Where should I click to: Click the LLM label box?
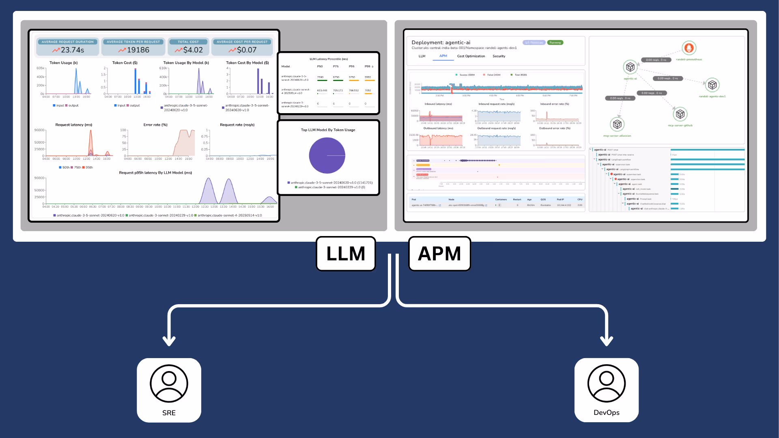[x=346, y=254]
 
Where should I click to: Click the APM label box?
[x=439, y=254]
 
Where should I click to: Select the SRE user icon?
[x=169, y=384]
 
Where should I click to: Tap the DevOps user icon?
[x=606, y=384]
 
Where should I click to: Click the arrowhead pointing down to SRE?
[x=169, y=341]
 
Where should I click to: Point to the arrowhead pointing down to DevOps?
[x=606, y=341]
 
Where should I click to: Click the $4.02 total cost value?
[x=193, y=50]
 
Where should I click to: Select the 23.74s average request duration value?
[x=72, y=50]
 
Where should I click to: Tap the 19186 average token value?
[x=138, y=50]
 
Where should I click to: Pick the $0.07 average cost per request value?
[x=247, y=50]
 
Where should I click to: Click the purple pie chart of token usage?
[x=327, y=155]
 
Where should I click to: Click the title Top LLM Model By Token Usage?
[x=328, y=130]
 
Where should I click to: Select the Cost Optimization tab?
[x=471, y=56]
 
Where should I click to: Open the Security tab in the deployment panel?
[x=499, y=56]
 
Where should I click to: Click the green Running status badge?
[x=555, y=43]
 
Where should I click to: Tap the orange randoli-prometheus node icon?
[x=689, y=48]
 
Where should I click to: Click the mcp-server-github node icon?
[x=680, y=114]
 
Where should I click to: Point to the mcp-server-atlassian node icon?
[x=617, y=125]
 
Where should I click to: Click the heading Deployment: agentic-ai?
[x=441, y=43]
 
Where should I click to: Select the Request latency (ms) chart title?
[x=74, y=125]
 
